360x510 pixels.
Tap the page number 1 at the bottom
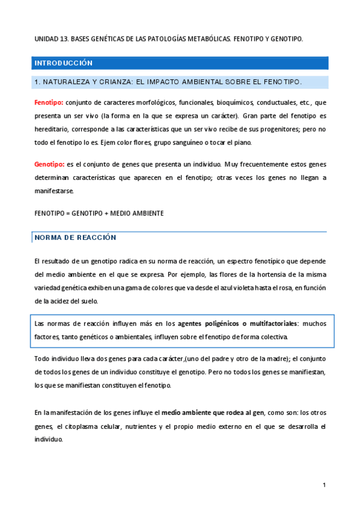coord(324,485)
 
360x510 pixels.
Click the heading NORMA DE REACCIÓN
coord(75,238)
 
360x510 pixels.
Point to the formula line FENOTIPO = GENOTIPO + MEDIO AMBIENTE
coord(99,213)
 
